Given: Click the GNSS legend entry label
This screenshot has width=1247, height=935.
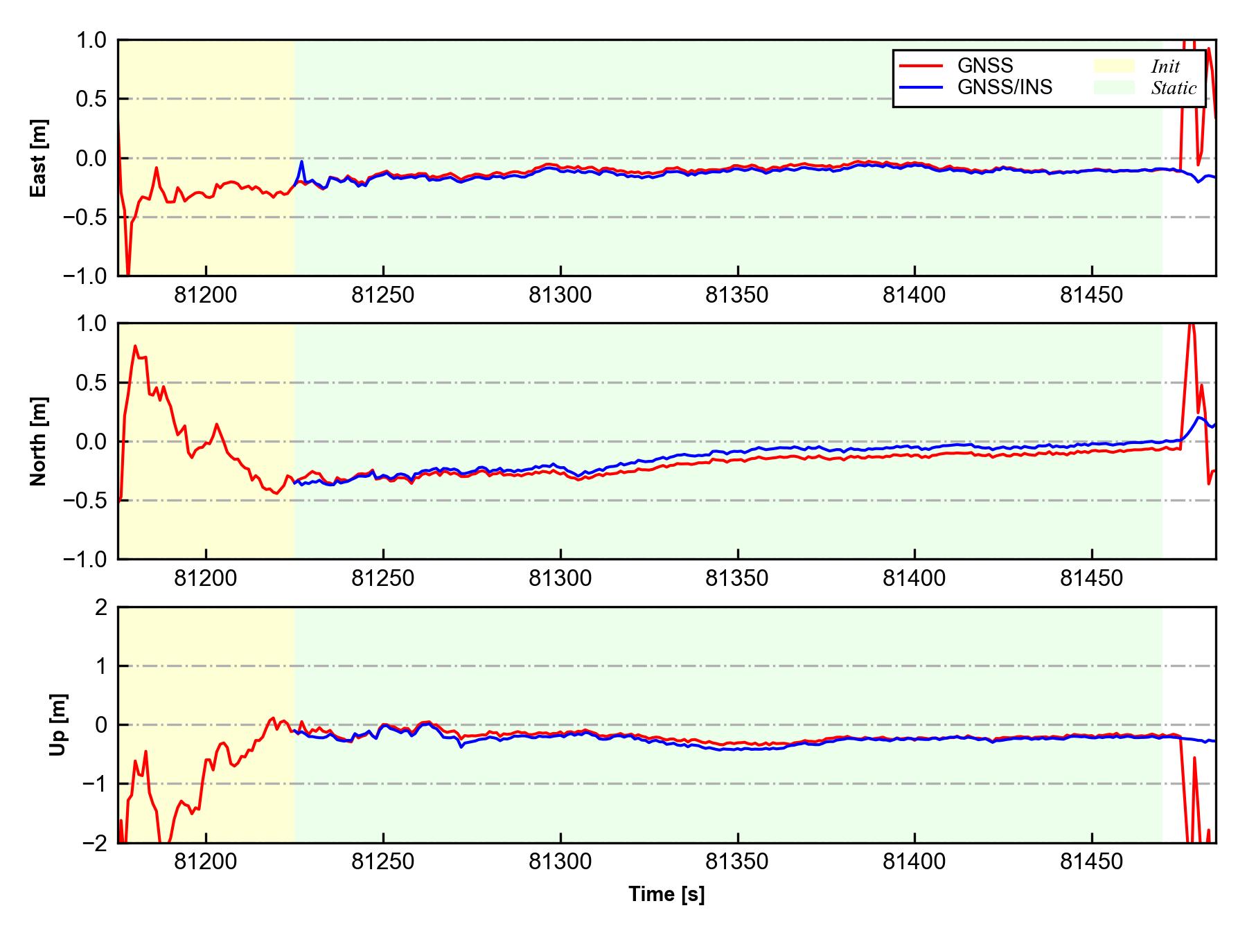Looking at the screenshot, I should point(984,66).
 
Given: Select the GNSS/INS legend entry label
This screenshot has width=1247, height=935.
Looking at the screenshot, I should point(1005,87).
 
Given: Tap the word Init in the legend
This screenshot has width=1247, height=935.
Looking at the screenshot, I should point(1165,66).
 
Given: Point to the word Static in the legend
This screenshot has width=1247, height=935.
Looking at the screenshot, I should point(1174,88).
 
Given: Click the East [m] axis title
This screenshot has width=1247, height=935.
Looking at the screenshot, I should point(39,158).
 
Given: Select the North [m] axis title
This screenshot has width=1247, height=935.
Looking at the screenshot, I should point(39,441).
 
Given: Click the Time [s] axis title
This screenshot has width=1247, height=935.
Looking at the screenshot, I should point(666,894).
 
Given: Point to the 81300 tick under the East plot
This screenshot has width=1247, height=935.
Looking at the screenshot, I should point(560,296).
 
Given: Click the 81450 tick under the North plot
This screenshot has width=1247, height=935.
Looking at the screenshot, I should point(1091,579).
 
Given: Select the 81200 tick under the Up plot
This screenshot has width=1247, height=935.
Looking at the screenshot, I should point(206,862).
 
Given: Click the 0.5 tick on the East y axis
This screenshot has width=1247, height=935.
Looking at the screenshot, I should point(91,99).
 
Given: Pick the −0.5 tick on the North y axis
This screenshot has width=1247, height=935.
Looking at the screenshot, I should point(85,500).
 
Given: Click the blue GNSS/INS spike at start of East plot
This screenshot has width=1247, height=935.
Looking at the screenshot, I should point(302,162).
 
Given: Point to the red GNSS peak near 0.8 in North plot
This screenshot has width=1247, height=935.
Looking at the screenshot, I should point(135,346).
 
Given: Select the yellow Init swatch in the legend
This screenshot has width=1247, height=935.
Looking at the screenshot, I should point(1114,66).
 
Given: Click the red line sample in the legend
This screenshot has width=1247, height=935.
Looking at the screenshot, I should point(921,66).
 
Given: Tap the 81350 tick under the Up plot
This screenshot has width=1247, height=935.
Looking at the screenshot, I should point(737,862).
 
